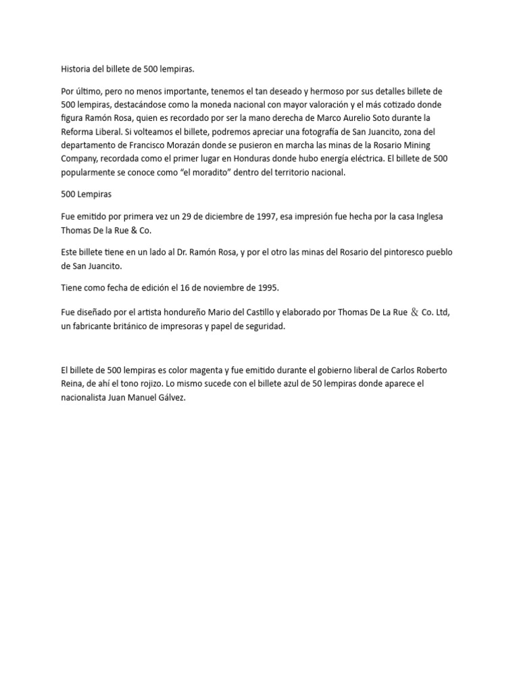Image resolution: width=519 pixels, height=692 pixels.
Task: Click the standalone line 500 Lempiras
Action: tap(86, 194)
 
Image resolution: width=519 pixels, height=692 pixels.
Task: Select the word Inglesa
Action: tap(426, 216)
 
